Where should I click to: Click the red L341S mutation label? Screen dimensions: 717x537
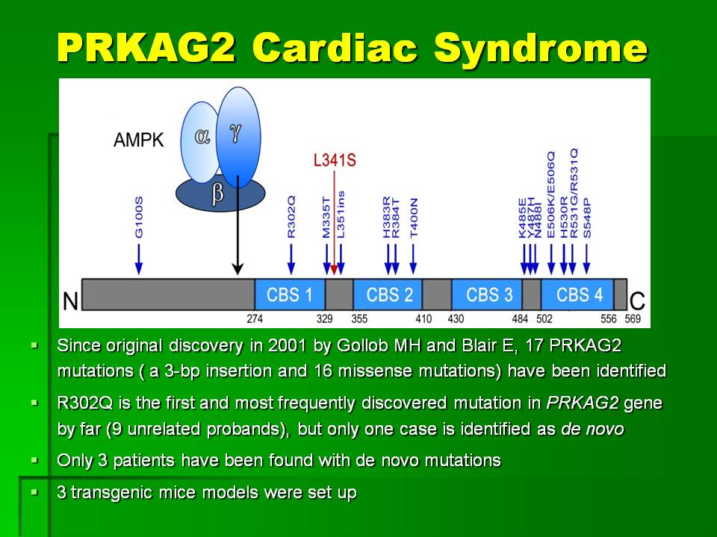[x=335, y=160]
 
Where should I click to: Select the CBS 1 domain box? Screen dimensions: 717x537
[x=290, y=295]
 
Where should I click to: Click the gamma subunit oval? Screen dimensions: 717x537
[x=238, y=137]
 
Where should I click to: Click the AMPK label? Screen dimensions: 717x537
[x=139, y=139]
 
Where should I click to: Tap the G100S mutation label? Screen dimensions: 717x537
[x=139, y=217]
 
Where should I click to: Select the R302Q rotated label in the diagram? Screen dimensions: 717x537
[x=291, y=217]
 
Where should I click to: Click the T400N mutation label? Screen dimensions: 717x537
[x=413, y=218]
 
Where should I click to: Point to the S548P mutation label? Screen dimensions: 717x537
[x=587, y=218]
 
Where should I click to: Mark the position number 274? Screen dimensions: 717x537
[x=255, y=318]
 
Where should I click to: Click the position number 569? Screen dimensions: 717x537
[x=633, y=318]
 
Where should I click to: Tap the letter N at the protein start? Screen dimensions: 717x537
[x=70, y=301]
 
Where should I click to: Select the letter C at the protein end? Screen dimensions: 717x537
[x=637, y=301]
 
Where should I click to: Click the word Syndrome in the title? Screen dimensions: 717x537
[x=541, y=48]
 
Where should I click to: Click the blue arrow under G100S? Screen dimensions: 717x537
[x=139, y=260]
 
